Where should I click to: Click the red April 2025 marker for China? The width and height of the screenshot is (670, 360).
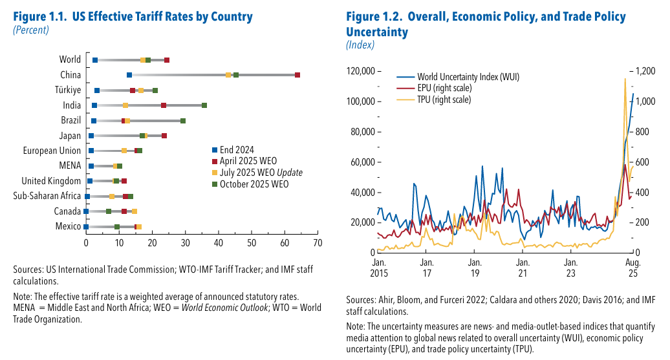(x=297, y=75)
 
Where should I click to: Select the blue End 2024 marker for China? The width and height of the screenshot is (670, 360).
(x=129, y=75)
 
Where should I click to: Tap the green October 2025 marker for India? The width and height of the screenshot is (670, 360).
(x=204, y=105)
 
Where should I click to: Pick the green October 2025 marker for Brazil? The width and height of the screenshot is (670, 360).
(x=183, y=121)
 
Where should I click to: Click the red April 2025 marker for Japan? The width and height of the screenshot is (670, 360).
(x=164, y=136)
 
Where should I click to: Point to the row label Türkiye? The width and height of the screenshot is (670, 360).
(x=68, y=90)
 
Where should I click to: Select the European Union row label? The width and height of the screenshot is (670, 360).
(x=52, y=151)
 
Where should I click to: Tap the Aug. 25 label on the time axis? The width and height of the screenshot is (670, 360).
(x=632, y=268)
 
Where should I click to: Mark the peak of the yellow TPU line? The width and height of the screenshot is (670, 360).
(x=625, y=79)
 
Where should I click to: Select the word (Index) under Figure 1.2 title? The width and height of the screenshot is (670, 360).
(x=360, y=45)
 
